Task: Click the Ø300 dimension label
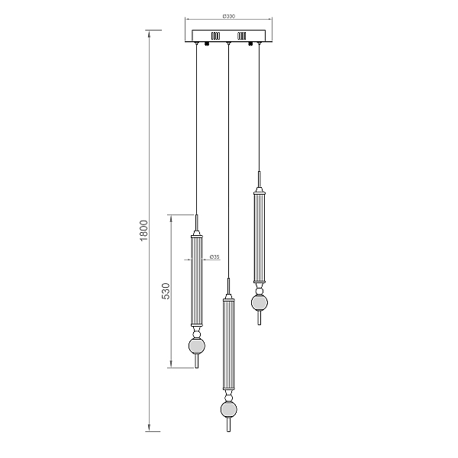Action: click(229, 16)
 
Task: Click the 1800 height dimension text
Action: click(144, 231)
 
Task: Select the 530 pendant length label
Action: click(166, 291)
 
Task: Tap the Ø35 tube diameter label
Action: click(214, 256)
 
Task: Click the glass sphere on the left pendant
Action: click(197, 346)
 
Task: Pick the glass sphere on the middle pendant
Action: click(229, 409)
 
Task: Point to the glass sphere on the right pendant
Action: click(260, 302)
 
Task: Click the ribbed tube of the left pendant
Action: click(197, 282)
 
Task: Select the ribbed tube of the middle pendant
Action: click(228, 345)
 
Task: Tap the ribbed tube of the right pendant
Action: click(260, 238)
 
